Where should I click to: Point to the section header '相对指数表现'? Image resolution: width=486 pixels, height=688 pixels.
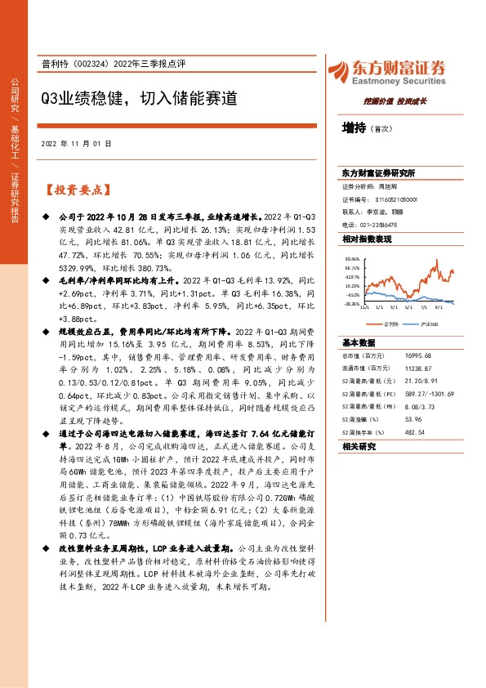pyautogui.click(x=367, y=239)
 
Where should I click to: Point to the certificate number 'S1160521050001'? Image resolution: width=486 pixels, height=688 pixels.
pyautogui.click(x=396, y=199)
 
